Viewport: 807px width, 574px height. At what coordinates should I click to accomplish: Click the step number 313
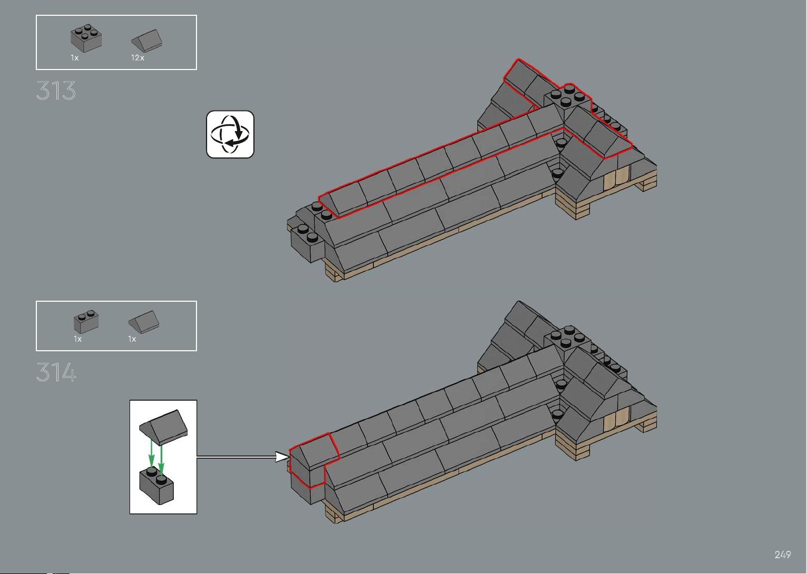pyautogui.click(x=56, y=91)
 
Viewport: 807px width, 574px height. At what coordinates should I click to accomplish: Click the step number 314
pyautogui.click(x=56, y=372)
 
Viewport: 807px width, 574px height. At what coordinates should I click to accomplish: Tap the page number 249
pyautogui.click(x=782, y=554)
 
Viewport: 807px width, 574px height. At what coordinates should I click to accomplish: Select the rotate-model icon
pyautogui.click(x=230, y=134)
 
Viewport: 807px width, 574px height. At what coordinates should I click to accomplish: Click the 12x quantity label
pyautogui.click(x=137, y=57)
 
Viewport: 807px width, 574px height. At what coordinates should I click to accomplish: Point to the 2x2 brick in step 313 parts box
pyautogui.click(x=86, y=38)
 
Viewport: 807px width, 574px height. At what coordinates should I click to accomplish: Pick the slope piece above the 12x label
pyautogui.click(x=146, y=41)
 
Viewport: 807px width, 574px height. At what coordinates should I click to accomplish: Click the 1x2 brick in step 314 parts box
pyautogui.click(x=86, y=321)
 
